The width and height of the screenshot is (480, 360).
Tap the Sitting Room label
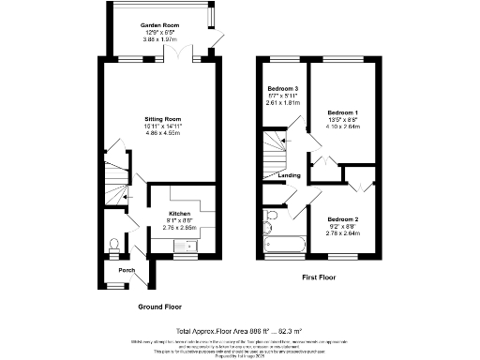pyautogui.click(x=164, y=119)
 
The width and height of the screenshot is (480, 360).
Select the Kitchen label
pyautogui.click(x=177, y=213)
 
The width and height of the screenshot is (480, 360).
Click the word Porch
pyautogui.click(x=126, y=271)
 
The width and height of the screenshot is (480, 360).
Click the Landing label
pyautogui.click(x=289, y=174)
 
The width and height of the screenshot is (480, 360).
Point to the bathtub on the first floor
pyautogui.click(x=282, y=243)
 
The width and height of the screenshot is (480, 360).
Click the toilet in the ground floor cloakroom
pyautogui.click(x=113, y=247)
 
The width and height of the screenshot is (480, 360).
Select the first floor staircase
pyautogui.click(x=275, y=146)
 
